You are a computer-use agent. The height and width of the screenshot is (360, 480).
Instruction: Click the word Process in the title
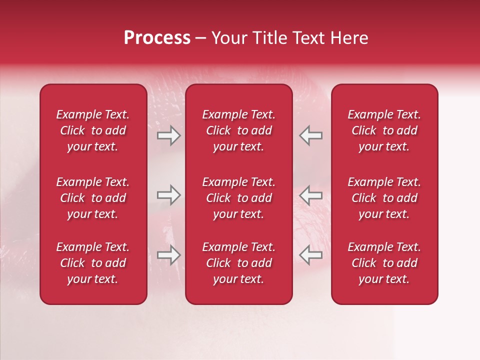coord(157,38)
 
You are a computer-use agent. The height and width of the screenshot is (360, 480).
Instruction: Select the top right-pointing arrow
coord(169,135)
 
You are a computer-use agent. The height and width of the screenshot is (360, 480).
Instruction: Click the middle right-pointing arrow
coord(169,195)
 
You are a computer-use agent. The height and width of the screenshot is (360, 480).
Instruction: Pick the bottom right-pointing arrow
coord(169,255)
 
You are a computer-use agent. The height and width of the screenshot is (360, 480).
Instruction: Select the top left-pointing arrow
coord(311,135)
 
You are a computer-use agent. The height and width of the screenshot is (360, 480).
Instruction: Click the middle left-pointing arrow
coord(311,195)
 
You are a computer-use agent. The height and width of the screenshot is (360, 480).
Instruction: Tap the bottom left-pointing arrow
coord(311,255)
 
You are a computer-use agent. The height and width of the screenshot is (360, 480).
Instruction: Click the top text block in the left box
coord(93,130)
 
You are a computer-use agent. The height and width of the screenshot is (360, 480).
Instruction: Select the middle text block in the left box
coord(93,198)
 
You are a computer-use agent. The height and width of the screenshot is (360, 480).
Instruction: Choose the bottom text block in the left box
coord(93,263)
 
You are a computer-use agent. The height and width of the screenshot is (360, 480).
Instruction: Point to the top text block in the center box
coord(239,130)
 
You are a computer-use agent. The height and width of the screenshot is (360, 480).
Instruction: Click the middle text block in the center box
coord(239,198)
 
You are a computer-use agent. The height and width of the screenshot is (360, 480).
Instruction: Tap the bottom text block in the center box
coord(239,263)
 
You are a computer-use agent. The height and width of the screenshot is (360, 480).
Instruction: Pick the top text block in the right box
coord(384,130)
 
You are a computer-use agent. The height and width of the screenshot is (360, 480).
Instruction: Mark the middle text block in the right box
coord(384,198)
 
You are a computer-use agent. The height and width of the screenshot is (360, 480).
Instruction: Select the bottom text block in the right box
coord(384,263)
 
